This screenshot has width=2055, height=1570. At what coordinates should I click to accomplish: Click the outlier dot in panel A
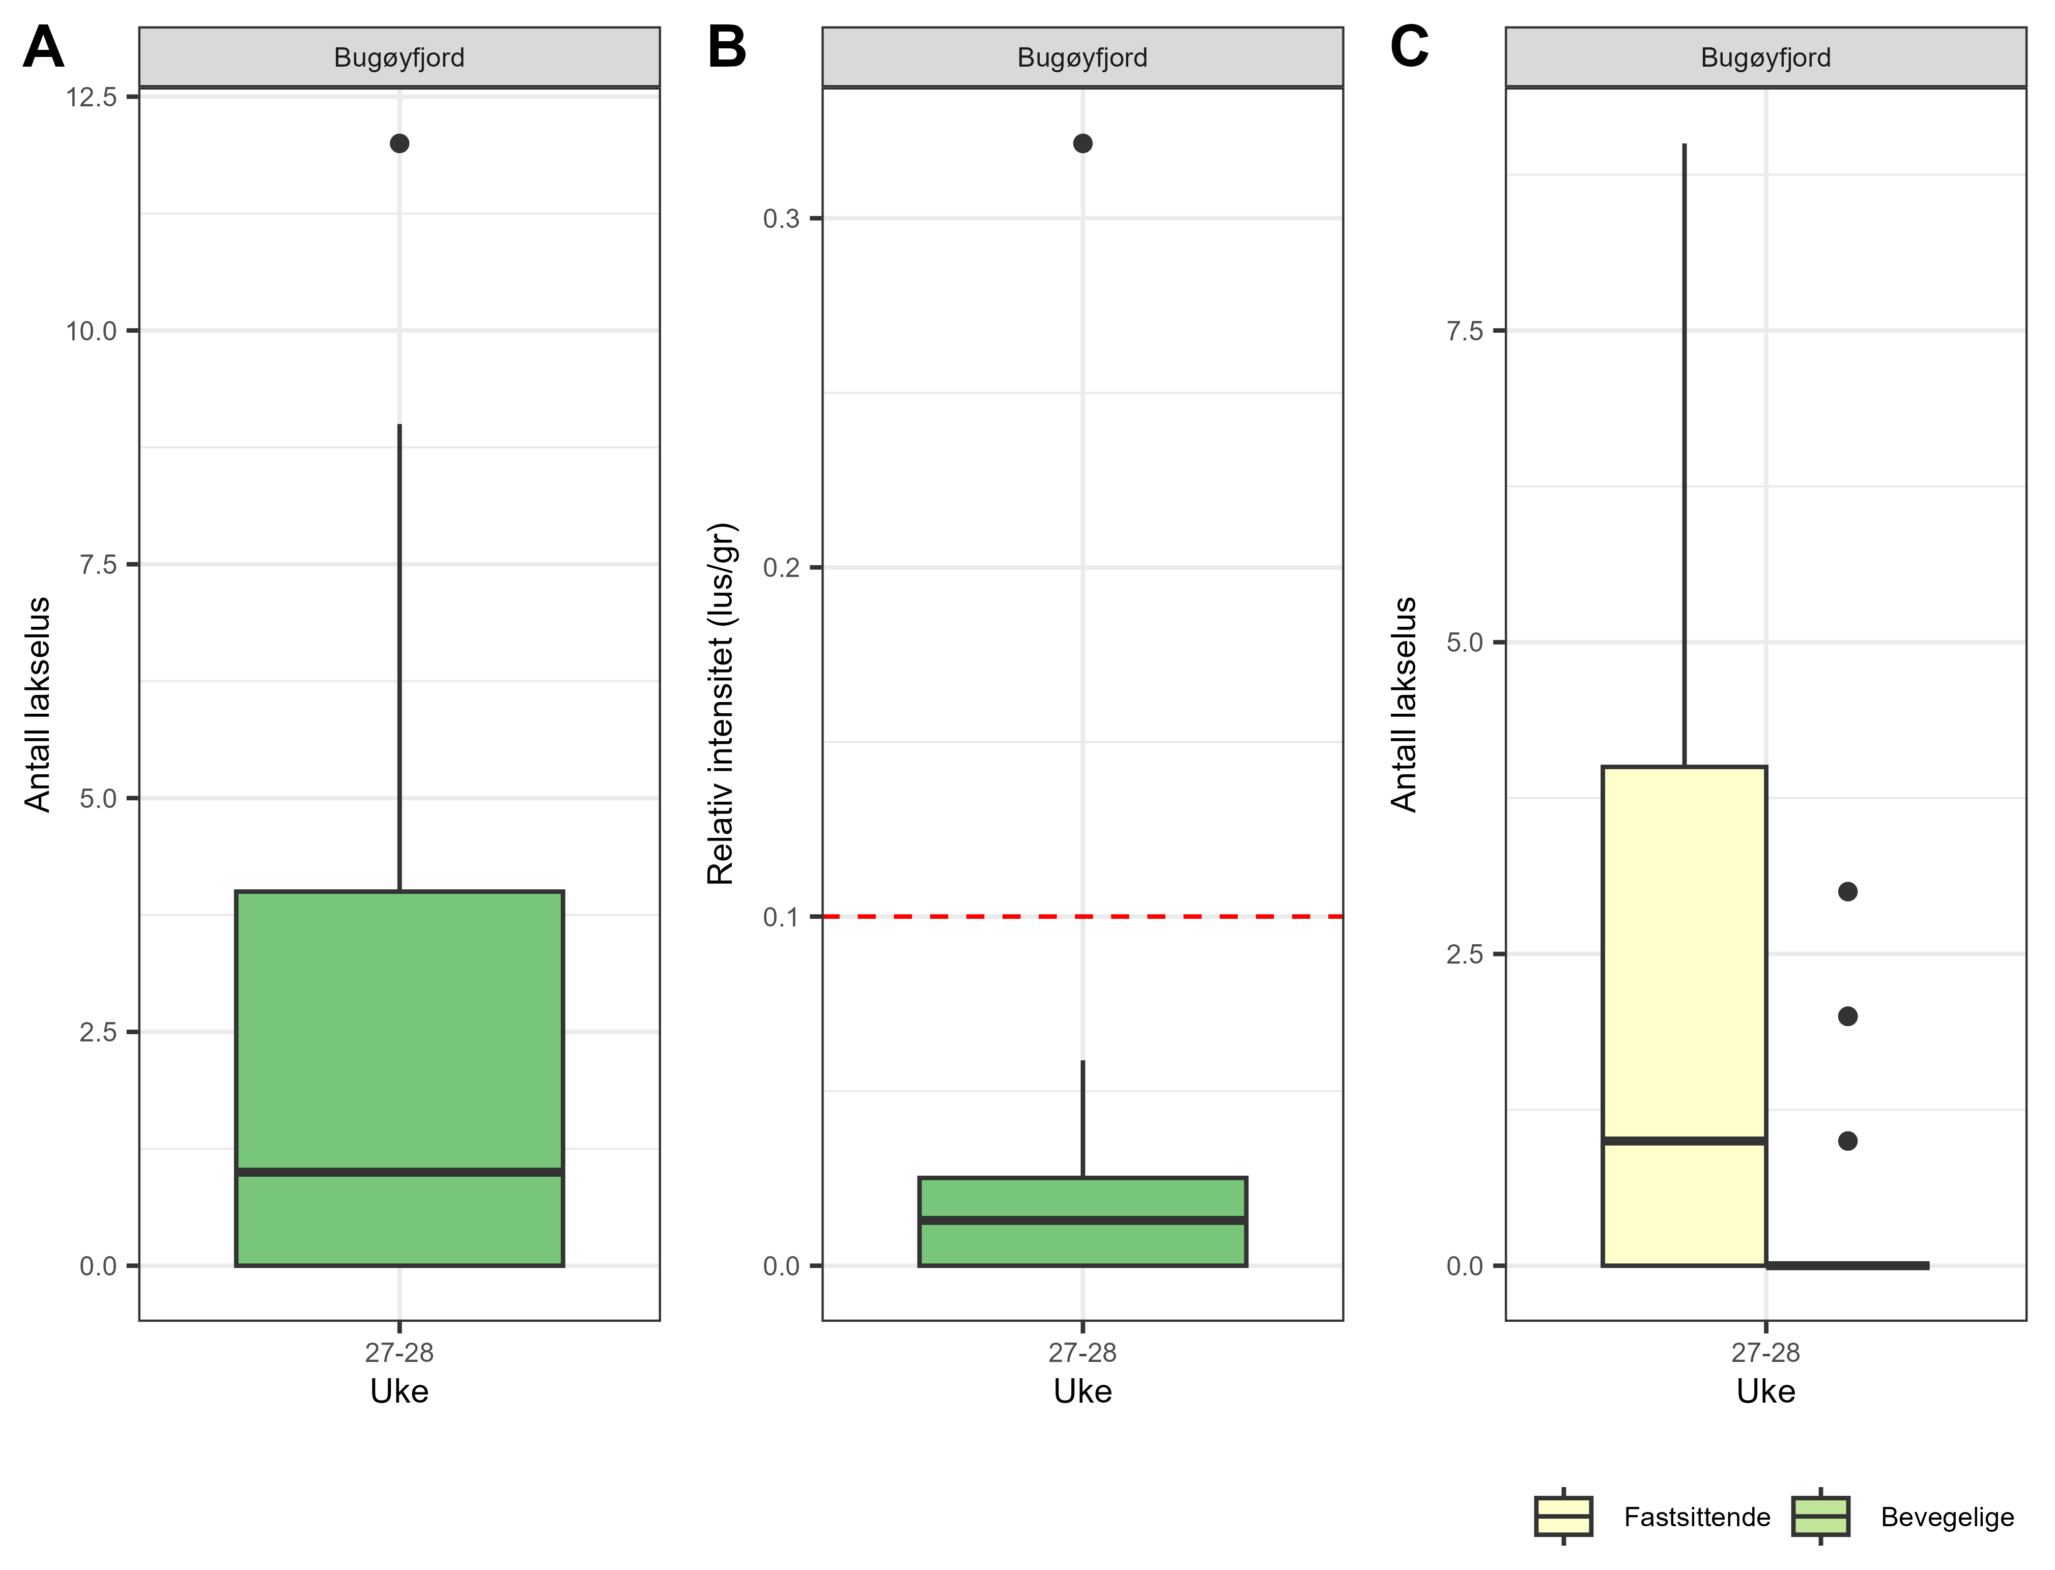pos(399,143)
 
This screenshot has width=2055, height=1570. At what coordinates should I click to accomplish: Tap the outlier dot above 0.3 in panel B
pos(1082,143)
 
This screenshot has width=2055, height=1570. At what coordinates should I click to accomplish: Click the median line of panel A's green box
pos(399,1171)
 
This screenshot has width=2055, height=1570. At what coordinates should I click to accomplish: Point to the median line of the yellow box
pos(1684,1140)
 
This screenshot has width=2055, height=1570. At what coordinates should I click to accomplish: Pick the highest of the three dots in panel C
pos(1847,891)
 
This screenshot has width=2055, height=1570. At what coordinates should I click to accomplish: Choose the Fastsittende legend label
pos(1697,1517)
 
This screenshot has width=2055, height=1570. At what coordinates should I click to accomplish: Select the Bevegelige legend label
pos(1948,1517)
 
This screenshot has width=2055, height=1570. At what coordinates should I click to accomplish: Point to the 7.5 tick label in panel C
pos(1465,331)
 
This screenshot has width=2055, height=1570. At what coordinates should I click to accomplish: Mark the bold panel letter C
pos(1409,47)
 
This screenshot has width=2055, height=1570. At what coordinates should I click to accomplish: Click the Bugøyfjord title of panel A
pos(399,58)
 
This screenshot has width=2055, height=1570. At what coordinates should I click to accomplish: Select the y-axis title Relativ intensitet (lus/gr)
pos(721,704)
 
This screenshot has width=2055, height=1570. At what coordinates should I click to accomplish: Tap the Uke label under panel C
pos(1765,1391)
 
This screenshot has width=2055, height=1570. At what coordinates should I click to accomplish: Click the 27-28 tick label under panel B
pos(1082,1352)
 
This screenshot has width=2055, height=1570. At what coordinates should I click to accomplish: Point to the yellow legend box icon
pos(1563,1516)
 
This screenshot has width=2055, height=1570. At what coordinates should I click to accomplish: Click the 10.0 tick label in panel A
pos(92,331)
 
